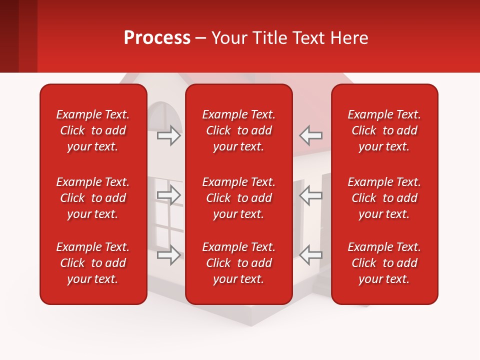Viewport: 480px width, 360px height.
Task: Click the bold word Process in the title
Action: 157,38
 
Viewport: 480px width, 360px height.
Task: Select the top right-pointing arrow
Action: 169,135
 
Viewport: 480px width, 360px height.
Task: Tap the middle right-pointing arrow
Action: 169,195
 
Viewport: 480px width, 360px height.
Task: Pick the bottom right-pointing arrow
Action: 169,255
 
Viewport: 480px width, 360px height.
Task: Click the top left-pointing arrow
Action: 310,135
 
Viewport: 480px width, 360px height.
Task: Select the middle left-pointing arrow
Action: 310,195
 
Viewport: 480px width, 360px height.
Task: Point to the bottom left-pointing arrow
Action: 310,255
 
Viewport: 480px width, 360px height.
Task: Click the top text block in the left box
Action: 93,130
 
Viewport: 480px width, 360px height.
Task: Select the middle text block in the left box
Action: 93,198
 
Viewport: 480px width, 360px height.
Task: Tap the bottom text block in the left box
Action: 93,263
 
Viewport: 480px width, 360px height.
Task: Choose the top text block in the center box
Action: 239,130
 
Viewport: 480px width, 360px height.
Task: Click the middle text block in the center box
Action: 239,198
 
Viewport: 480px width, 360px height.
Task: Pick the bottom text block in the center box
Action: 239,263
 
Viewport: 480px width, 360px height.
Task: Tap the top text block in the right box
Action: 384,130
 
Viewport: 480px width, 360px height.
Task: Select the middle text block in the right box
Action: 384,198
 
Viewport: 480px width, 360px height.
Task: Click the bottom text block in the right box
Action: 384,263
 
